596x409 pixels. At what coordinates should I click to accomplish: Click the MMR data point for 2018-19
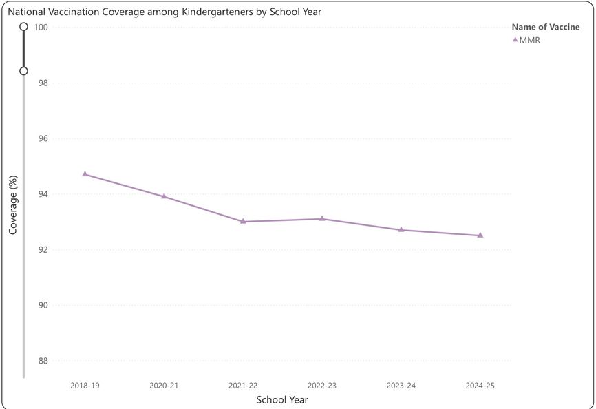85,174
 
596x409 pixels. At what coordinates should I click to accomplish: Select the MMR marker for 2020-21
164,196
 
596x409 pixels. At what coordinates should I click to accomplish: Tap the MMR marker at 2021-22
243,222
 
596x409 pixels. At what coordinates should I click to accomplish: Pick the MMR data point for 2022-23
322,219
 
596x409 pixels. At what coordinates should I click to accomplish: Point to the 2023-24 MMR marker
401,230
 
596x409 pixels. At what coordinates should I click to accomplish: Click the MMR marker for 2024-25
480,235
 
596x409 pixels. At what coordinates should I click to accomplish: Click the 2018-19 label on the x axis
85,386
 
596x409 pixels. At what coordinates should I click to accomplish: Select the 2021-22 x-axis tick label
243,386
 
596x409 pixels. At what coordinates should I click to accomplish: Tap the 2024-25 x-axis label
480,386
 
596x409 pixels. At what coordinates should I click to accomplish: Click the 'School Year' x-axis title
282,400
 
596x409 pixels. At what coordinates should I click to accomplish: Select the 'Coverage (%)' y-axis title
13,205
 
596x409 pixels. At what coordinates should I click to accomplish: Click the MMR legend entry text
531,40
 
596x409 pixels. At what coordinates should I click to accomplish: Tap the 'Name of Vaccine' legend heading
546,28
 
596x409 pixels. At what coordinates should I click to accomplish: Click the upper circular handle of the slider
23,27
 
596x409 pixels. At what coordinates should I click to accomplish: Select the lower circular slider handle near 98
23,71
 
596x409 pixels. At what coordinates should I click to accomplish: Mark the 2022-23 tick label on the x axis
322,386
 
